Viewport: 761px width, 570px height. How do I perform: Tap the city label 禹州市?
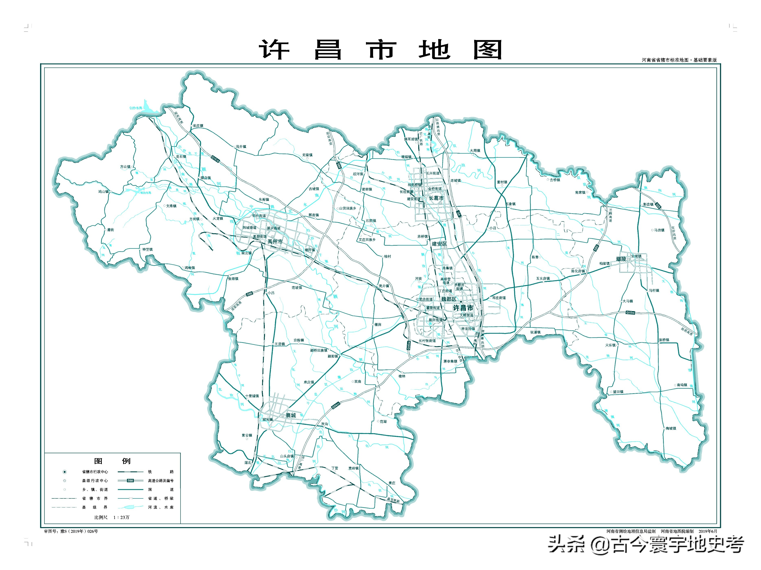click(275, 242)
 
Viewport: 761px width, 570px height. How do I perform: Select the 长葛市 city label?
click(436, 198)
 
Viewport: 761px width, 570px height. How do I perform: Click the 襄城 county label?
click(291, 415)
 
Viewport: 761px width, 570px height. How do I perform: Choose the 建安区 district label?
click(439, 244)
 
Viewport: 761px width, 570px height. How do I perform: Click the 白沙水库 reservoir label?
click(136, 108)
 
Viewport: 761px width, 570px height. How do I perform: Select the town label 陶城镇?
click(671, 428)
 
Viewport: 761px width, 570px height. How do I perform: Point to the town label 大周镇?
click(475, 150)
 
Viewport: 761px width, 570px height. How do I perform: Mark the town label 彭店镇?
click(648, 204)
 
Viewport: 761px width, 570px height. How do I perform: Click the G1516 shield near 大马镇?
click(630, 313)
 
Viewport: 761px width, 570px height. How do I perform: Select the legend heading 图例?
click(112, 461)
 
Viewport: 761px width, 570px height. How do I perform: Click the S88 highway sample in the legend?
click(130, 481)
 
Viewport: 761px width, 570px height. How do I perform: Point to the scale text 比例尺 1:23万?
click(112, 517)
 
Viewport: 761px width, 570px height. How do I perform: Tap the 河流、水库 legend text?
click(161, 507)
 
